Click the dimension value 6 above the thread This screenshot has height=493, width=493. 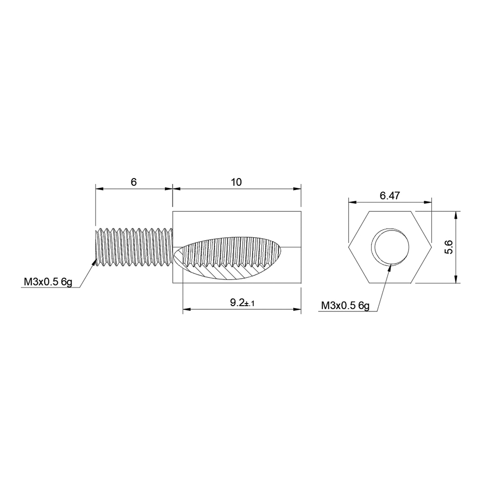click(x=133, y=182)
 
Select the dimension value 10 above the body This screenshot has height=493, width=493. click(x=236, y=182)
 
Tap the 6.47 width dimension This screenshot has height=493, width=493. click(x=390, y=196)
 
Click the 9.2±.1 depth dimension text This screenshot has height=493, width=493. click(x=243, y=303)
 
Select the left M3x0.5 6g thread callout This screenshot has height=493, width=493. click(x=48, y=282)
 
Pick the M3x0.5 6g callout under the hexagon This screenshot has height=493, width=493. click(x=345, y=305)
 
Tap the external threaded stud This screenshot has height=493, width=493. click(x=134, y=248)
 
